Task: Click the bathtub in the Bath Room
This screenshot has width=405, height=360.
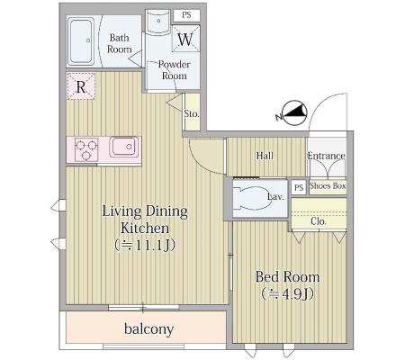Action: click(81, 41)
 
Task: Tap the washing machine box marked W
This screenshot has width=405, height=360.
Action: click(185, 39)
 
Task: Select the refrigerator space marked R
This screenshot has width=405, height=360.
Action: click(81, 86)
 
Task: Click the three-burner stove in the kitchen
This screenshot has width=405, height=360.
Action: click(86, 149)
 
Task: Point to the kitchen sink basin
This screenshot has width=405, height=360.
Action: click(124, 147)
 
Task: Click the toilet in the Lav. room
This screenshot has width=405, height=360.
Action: click(253, 198)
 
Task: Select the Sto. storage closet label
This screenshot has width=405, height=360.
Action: click(192, 113)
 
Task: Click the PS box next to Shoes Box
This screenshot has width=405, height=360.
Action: click(299, 187)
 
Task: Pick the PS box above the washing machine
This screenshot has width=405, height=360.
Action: click(186, 15)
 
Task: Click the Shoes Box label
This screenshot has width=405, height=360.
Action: click(328, 185)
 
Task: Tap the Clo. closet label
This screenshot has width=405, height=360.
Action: click(319, 221)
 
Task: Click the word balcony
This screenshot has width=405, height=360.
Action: click(149, 329)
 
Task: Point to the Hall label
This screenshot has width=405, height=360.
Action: click(265, 156)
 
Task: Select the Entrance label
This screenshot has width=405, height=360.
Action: click(326, 156)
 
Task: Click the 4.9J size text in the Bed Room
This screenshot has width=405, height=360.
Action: click(287, 294)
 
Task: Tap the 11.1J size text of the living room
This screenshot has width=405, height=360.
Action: click(145, 246)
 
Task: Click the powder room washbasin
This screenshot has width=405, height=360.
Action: click(158, 22)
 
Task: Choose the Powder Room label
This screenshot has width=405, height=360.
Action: click(175, 70)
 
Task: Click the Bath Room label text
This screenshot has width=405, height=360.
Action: click(120, 43)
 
